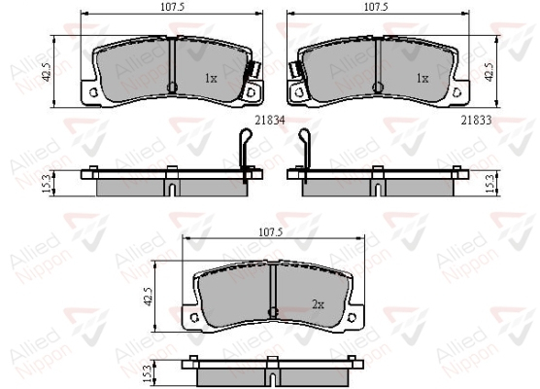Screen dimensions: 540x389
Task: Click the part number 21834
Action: point(270,120)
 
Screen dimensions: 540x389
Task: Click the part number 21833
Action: point(476,120)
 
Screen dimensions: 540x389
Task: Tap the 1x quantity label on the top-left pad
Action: point(211,79)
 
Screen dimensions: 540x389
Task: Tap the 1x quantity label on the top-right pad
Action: point(422,79)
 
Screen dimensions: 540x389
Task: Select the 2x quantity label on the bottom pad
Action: point(318,304)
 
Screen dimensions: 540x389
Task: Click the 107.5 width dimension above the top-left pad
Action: point(173,7)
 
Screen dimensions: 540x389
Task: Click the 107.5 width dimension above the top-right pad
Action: point(376,7)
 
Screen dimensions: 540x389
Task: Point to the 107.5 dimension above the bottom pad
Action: point(270,232)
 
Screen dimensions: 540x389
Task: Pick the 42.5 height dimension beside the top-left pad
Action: point(47,72)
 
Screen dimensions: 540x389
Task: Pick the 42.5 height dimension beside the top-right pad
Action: point(489,72)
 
